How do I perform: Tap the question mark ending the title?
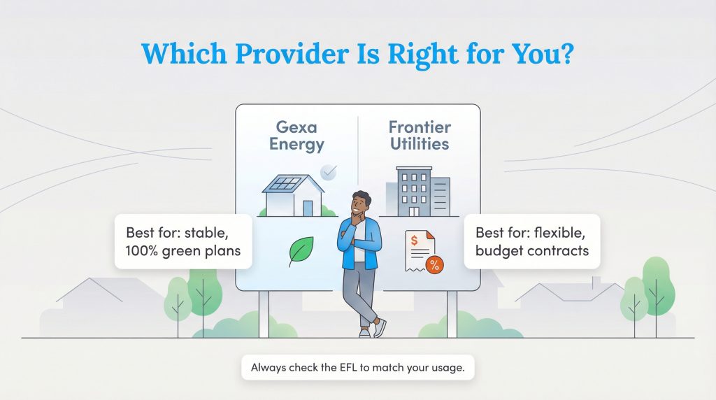click(564, 54)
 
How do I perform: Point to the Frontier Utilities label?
click(420, 136)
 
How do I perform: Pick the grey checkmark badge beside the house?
click(328, 172)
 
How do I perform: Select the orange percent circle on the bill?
click(434, 264)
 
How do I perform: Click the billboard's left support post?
click(264, 313)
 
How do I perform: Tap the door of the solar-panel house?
click(308, 207)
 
